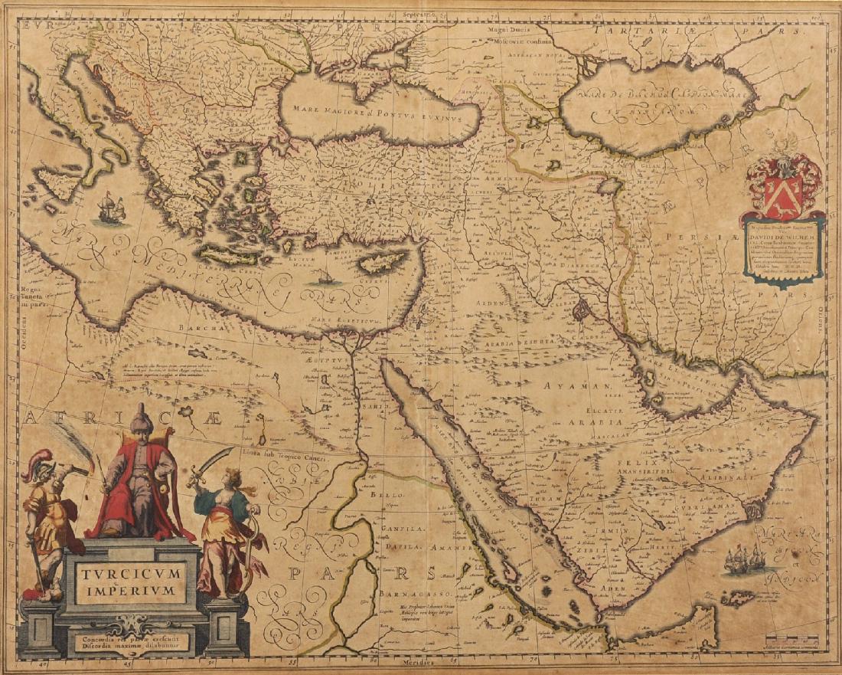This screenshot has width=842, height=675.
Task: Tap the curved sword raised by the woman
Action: click(212, 460)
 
